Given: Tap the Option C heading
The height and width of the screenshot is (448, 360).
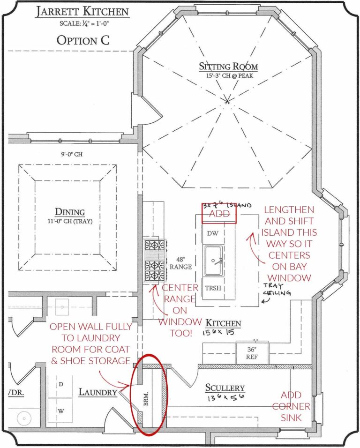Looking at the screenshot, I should click(x=83, y=40).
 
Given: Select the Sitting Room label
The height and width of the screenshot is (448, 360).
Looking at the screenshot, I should click(x=228, y=67).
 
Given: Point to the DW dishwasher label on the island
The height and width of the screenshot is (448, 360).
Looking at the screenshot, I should click(x=209, y=233).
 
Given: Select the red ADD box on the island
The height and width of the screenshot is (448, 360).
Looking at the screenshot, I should click(x=219, y=213).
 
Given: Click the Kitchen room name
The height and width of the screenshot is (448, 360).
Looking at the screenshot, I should click(x=223, y=323).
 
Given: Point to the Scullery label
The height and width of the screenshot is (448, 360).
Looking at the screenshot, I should click(x=225, y=388).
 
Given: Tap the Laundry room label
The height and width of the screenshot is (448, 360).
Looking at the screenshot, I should click(x=97, y=392).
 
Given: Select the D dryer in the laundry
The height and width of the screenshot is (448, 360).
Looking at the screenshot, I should click(x=60, y=384).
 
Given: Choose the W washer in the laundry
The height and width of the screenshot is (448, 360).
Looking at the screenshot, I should click(x=60, y=411).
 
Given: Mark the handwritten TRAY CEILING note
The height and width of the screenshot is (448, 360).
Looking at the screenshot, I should click(x=276, y=290).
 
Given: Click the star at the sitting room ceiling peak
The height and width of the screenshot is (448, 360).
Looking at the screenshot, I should click(x=228, y=100).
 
